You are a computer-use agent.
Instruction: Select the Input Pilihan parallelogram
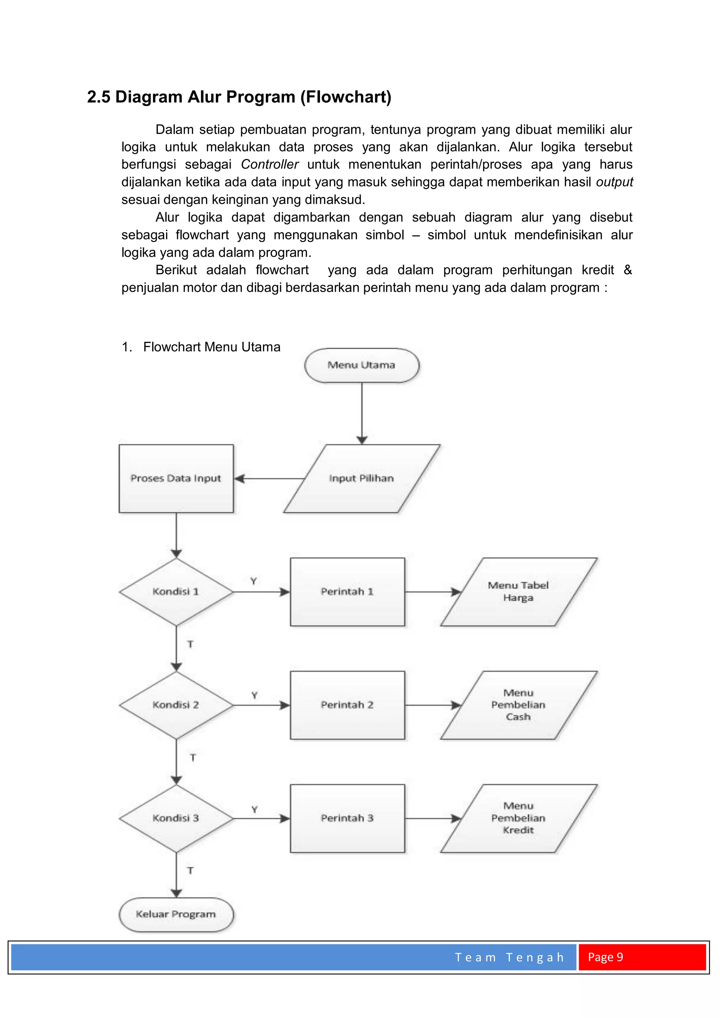click(361, 478)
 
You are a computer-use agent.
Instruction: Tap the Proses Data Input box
click(176, 478)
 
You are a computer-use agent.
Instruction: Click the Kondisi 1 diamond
click(176, 592)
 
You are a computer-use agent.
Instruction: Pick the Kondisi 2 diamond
click(176, 705)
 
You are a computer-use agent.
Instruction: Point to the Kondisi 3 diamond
click(176, 818)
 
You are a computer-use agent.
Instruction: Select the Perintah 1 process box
click(347, 592)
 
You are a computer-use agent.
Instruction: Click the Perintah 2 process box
click(347, 705)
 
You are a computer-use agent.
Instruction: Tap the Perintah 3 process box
click(347, 818)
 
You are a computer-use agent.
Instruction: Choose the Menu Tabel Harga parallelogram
click(518, 592)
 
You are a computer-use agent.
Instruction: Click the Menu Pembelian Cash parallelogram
click(518, 705)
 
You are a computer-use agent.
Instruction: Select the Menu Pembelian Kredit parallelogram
click(518, 818)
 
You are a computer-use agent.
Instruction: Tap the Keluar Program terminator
click(176, 915)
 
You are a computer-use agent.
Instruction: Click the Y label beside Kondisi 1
click(253, 581)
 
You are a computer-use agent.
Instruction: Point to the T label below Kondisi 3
click(190, 871)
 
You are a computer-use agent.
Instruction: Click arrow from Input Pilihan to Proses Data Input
click(269, 478)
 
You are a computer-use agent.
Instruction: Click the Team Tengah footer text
click(509, 957)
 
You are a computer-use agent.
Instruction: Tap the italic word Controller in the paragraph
click(270, 164)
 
